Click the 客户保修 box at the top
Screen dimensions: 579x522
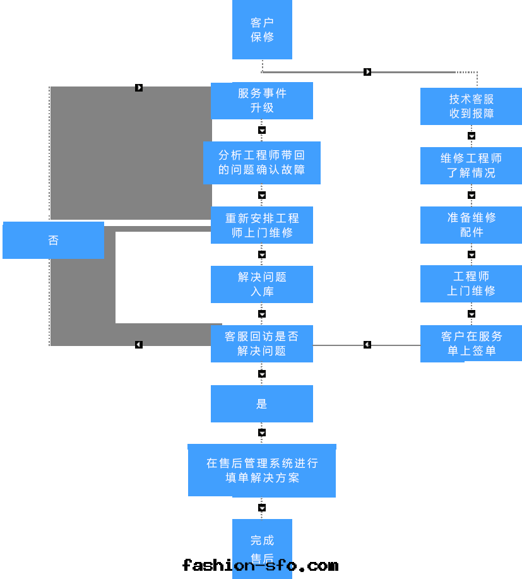coord(262,30)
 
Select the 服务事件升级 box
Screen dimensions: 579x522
coord(262,100)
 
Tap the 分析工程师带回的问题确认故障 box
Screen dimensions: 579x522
coord(262,162)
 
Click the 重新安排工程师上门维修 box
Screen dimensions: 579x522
coord(262,225)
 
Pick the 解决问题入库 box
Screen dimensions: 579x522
coord(262,284)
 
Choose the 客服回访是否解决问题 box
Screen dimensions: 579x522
coord(262,343)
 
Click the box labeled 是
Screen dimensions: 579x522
coord(262,403)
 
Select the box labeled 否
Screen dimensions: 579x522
coord(53,240)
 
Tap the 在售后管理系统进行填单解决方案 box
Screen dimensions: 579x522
coord(262,470)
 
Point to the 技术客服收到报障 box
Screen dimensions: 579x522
coord(471,106)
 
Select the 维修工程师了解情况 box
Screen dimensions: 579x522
coord(471,165)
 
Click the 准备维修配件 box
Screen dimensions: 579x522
coord(471,225)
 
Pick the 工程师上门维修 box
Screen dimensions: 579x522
coord(471,284)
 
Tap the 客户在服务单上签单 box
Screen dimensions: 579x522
coord(471,343)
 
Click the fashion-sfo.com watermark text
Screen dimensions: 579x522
coord(260,565)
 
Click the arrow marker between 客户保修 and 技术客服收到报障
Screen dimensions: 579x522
coord(367,72)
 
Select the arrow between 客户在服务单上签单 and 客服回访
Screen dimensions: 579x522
coord(367,345)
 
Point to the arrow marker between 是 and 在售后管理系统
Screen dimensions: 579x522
coord(262,433)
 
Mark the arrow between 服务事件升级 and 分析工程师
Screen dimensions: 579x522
coord(262,130)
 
